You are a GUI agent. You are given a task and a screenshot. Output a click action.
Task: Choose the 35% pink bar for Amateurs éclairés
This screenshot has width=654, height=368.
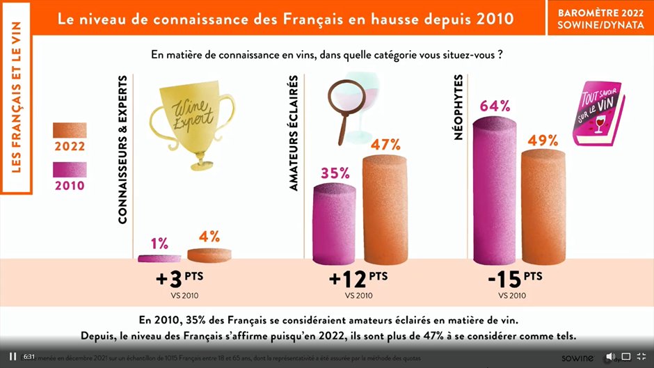coord(335,223)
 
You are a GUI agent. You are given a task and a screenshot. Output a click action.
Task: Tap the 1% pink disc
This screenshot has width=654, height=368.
coord(159,258)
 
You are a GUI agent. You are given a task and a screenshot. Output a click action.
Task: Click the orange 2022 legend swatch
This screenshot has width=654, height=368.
coord(70,131)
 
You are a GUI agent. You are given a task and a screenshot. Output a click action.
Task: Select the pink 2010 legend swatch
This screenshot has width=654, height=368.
coord(70,170)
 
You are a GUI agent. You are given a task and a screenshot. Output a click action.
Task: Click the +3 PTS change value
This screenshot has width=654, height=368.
coord(178,280)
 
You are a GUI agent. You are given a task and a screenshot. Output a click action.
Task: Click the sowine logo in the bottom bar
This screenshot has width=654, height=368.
coord(577,357)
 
